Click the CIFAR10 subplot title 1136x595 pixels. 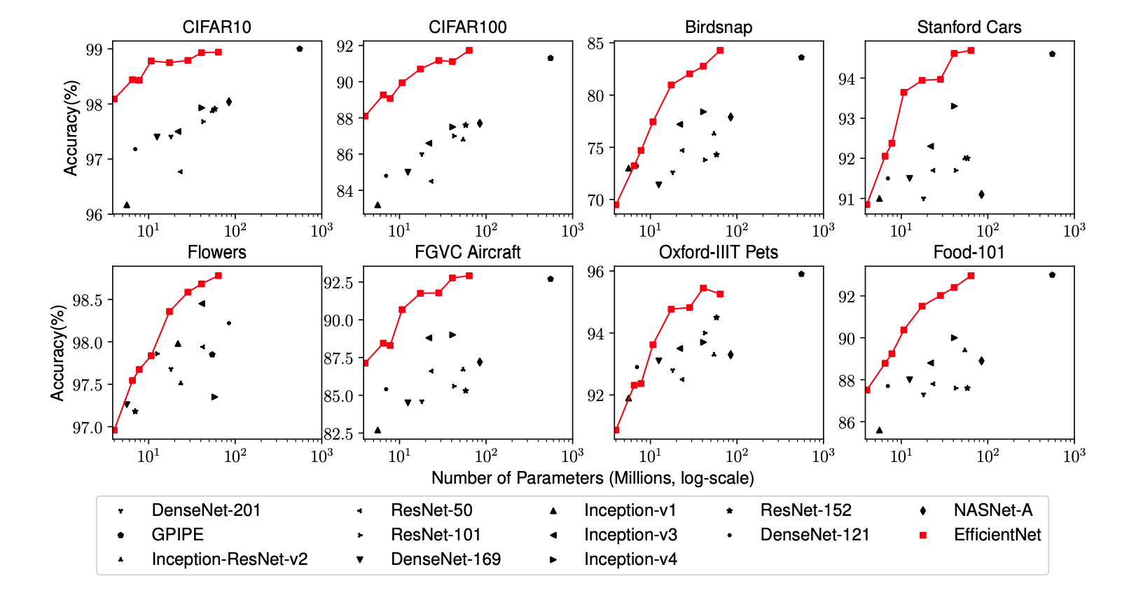216,27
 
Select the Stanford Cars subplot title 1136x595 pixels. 969,27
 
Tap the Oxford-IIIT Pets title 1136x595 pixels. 718,253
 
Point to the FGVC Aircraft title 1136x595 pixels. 467,253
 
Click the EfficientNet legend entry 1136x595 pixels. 997,535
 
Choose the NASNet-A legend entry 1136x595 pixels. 992,510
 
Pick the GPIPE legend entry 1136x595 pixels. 177,535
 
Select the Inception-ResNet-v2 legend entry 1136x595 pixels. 229,559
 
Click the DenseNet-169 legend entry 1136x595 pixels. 445,559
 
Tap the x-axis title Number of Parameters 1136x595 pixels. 593,478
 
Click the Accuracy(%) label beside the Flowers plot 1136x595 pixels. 57,353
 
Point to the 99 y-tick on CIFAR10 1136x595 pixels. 94,50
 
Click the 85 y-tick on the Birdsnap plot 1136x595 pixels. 595,43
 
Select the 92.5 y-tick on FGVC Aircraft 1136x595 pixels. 338,283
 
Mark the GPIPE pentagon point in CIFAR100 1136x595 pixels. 550,58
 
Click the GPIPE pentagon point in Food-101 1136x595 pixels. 1052,275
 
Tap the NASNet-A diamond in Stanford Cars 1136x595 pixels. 981,195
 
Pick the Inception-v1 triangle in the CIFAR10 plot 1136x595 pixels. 127,205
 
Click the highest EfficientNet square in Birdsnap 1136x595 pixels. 720,50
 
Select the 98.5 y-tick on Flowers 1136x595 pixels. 87,300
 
